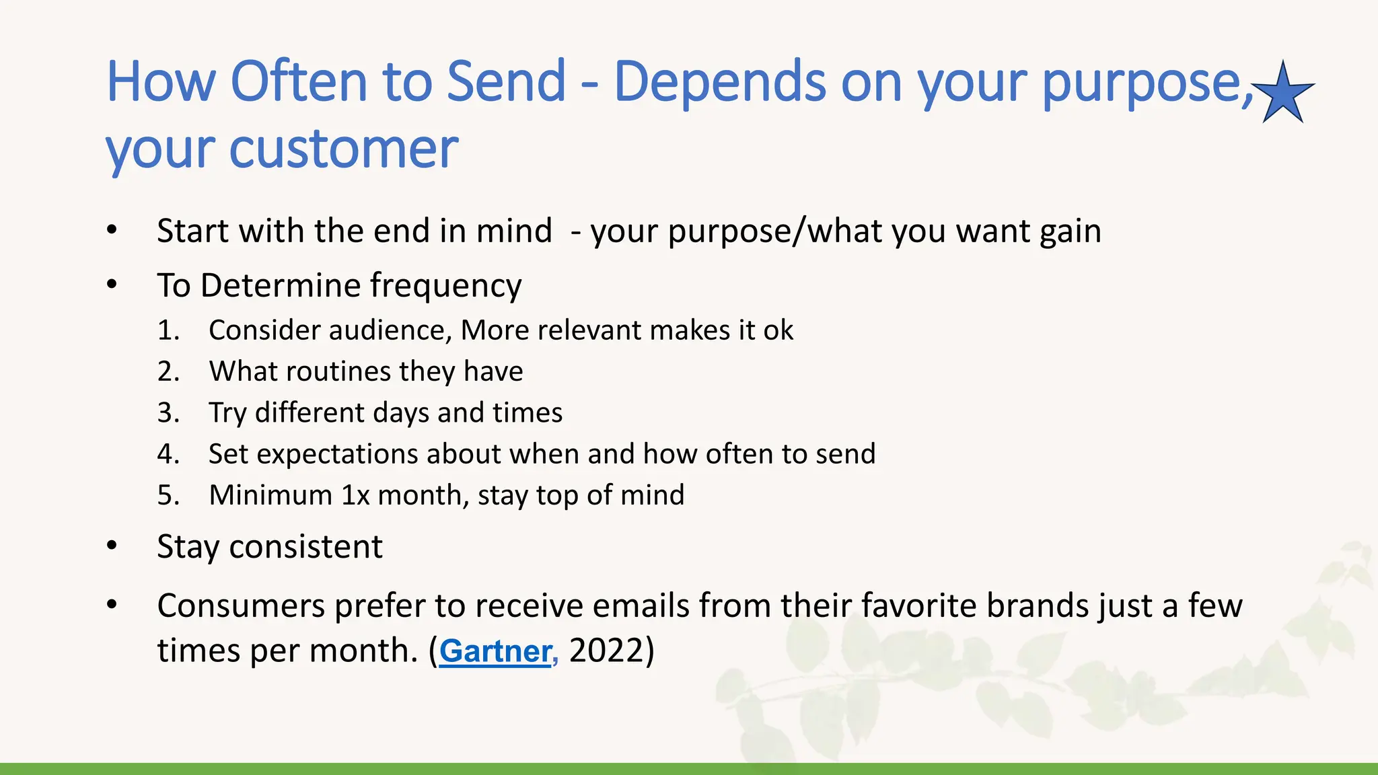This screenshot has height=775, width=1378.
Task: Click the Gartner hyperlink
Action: click(496, 651)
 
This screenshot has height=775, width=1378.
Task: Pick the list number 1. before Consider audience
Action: click(168, 330)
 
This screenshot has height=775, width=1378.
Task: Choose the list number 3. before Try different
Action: click(168, 412)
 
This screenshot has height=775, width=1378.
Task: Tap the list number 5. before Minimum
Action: click(168, 495)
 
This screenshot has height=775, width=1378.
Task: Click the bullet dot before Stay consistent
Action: click(112, 546)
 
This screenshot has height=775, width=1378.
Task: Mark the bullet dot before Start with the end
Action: click(112, 230)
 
